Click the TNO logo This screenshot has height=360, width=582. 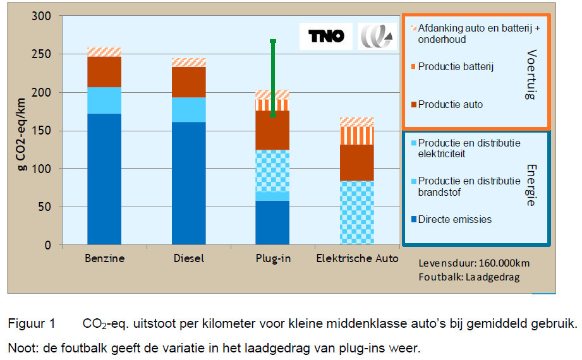pyautogui.click(x=326, y=36)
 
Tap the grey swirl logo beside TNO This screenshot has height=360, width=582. pyautogui.click(x=377, y=36)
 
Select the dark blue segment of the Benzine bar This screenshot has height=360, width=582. pyautogui.click(x=104, y=179)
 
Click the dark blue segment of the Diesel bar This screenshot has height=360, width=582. pyautogui.click(x=188, y=183)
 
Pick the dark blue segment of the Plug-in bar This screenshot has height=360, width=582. pyautogui.click(x=272, y=223)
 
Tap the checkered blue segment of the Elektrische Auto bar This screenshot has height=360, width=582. pyautogui.click(x=356, y=213)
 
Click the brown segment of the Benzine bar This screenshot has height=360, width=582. pyautogui.click(x=104, y=72)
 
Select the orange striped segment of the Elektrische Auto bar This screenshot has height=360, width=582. pyautogui.click(x=356, y=136)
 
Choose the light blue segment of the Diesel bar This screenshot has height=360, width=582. pyautogui.click(x=188, y=110)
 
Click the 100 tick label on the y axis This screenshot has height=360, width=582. pyautogui.click(x=41, y=169)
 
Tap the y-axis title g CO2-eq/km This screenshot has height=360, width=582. pyautogui.click(x=21, y=135)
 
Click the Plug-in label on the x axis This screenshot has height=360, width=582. pyautogui.click(x=273, y=258)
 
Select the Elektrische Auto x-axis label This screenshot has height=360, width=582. pyautogui.click(x=357, y=258)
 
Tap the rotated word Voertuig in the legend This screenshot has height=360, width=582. pyautogui.click(x=531, y=75)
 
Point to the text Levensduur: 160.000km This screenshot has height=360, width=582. pyautogui.click(x=474, y=263)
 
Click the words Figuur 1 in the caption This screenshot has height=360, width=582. pyautogui.click(x=32, y=323)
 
